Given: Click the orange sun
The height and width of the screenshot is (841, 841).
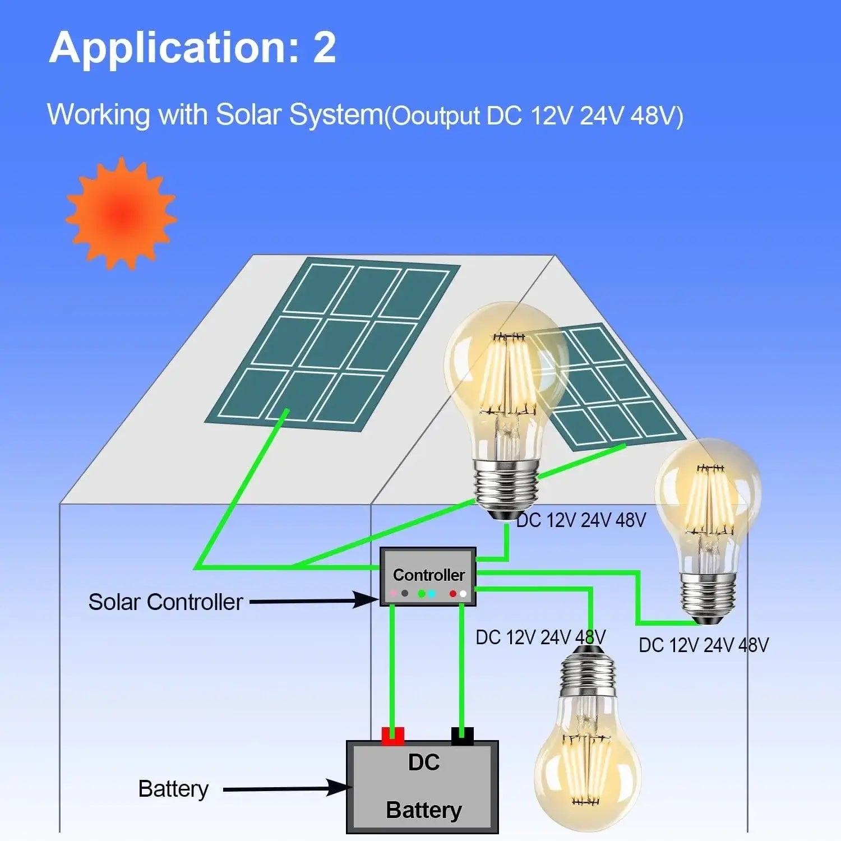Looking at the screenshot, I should click(121, 214).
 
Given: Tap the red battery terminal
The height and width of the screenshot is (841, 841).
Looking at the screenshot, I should click(392, 736).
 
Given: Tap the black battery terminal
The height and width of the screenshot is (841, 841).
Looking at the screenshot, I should click(463, 736).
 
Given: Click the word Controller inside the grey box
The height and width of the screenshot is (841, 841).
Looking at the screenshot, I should click(428, 575).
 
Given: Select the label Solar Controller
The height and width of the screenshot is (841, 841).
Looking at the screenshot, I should click(165, 602).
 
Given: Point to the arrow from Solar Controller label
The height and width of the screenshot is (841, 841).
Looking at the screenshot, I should click(314, 601).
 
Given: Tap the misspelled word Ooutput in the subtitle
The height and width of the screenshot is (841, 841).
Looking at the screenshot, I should click(435, 116).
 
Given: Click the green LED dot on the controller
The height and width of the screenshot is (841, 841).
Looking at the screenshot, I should click(422, 593).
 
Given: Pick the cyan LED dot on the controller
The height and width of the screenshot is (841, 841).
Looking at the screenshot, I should click(432, 593).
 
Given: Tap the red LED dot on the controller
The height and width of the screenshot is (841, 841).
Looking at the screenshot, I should click(453, 593).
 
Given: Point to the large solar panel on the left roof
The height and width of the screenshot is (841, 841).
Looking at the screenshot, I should click(332, 344).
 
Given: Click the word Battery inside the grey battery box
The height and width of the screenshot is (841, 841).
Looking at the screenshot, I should click(424, 810).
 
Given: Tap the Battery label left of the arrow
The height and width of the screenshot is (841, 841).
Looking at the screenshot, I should click(173, 789).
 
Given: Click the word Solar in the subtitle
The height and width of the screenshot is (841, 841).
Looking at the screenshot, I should click(248, 114).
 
